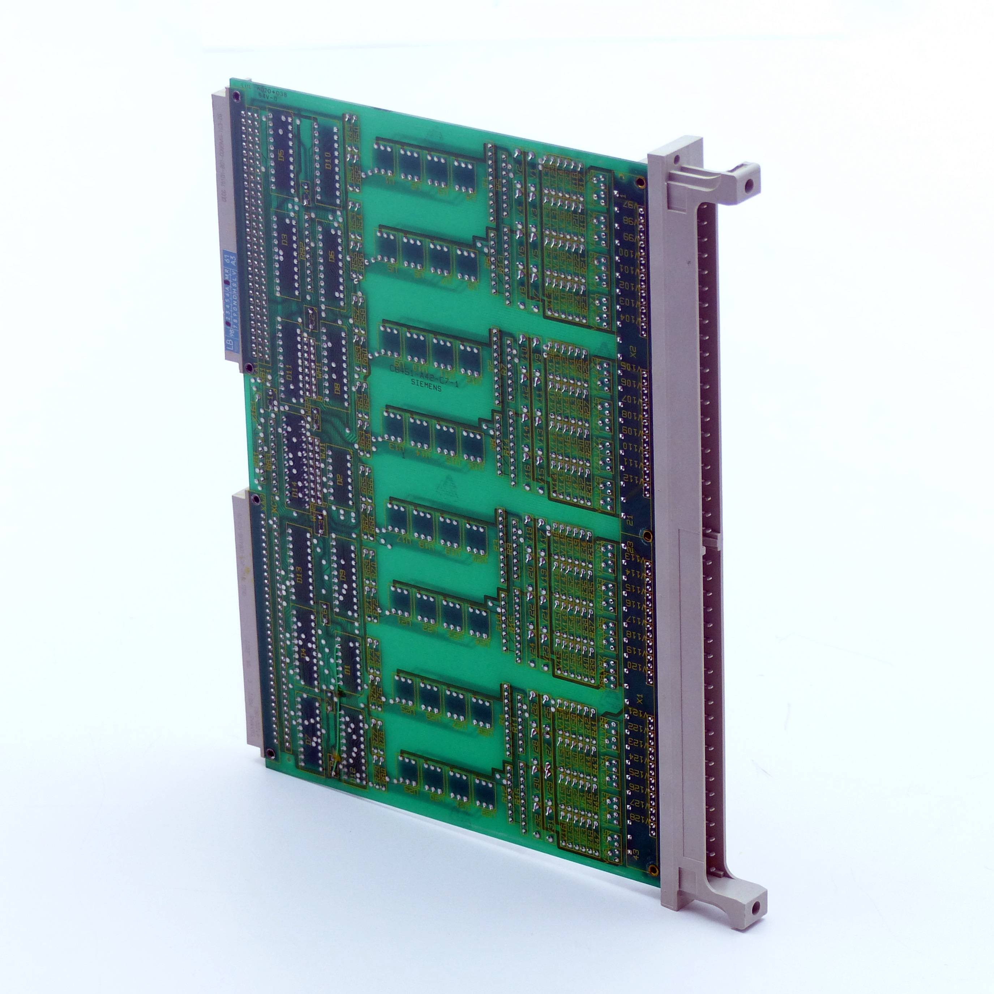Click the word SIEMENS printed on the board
click(425, 389)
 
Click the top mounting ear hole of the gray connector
click(750, 182)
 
